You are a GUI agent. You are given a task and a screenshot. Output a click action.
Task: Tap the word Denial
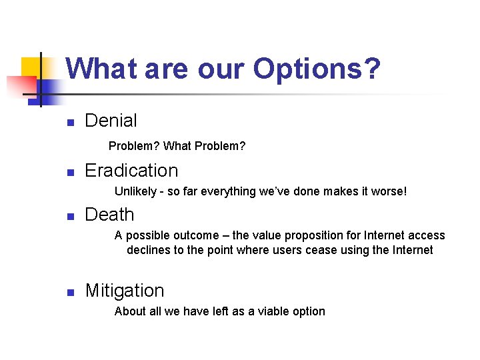111,121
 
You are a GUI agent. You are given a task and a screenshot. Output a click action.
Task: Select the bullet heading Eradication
131,171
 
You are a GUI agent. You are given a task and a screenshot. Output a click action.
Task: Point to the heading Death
109,215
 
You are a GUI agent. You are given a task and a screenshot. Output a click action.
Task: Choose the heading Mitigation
124,291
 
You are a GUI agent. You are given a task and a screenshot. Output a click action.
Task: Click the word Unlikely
135,191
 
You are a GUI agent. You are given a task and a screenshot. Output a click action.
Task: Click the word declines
147,251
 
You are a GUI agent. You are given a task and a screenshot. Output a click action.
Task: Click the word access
427,235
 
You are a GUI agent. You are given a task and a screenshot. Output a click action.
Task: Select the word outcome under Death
197,235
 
